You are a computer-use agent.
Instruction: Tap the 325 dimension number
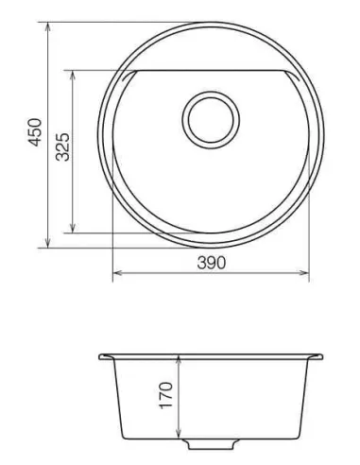(60, 149)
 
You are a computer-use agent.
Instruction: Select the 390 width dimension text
(210, 264)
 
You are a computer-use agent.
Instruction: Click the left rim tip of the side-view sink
(101, 357)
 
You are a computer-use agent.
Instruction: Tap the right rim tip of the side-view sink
(323, 357)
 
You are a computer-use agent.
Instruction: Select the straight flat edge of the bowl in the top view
(208, 70)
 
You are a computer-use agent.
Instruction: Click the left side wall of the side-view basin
(116, 397)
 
